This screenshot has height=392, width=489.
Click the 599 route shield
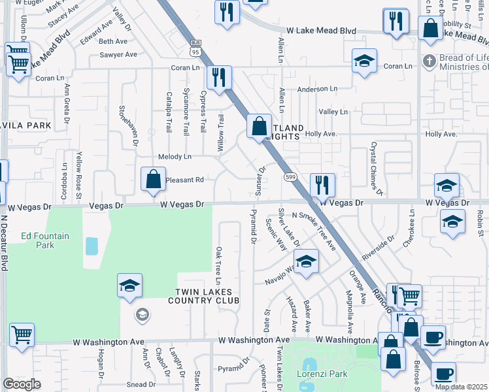[290, 177]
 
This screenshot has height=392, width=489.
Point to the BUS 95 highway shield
[195, 48]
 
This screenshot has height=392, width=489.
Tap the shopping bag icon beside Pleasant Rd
[153, 178]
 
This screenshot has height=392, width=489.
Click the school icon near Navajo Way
[305, 261]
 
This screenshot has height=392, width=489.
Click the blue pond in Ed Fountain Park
[92, 246]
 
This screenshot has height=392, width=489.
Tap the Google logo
[22, 384]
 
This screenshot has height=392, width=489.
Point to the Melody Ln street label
[175, 157]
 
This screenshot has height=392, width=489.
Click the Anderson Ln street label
[317, 89]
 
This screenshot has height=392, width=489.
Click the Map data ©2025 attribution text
[462, 386]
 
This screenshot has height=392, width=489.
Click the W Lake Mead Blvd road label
[321, 31]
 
